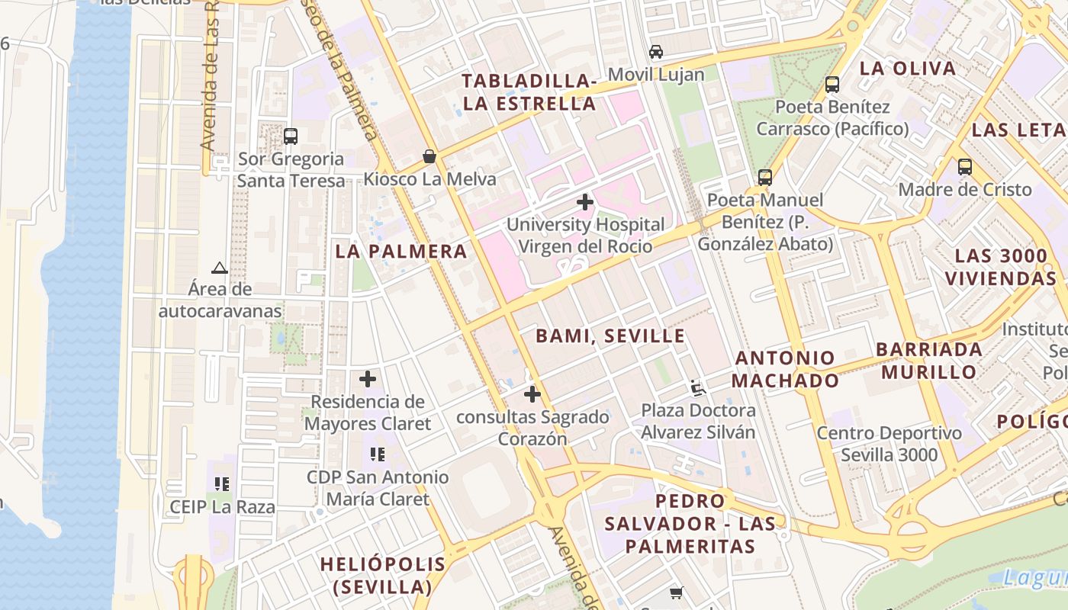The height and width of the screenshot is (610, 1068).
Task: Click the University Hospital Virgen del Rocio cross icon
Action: (585, 202)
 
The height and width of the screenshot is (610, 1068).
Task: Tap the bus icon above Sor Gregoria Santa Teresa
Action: (290, 136)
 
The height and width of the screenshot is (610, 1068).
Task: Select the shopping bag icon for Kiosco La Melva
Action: (429, 156)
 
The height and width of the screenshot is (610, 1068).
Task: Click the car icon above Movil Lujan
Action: (655, 52)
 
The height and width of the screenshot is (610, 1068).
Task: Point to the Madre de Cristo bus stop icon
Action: (964, 167)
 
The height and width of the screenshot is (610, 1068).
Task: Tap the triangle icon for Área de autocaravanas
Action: (220, 268)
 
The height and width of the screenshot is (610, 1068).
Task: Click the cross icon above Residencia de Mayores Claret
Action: (368, 378)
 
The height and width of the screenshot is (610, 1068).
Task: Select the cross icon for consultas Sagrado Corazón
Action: (532, 394)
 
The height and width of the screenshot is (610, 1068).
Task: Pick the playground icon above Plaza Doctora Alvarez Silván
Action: (697, 388)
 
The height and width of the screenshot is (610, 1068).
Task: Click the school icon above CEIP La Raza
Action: (222, 483)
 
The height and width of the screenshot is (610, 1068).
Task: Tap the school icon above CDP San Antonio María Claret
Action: (377, 454)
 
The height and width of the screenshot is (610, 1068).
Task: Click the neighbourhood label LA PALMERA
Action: (400, 252)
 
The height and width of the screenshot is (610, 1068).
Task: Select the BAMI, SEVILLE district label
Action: (610, 336)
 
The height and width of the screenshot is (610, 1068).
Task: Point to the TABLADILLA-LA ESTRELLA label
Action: (529, 92)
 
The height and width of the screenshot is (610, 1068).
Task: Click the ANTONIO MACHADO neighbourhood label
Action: (786, 369)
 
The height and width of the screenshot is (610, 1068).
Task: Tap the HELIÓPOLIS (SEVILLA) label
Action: (383, 576)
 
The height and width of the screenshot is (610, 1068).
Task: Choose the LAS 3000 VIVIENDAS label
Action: (1000, 267)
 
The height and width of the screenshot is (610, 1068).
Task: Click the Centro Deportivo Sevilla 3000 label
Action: (889, 444)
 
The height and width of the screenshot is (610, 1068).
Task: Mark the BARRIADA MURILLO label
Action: (929, 361)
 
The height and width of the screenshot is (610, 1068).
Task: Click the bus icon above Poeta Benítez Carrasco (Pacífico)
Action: (832, 85)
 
